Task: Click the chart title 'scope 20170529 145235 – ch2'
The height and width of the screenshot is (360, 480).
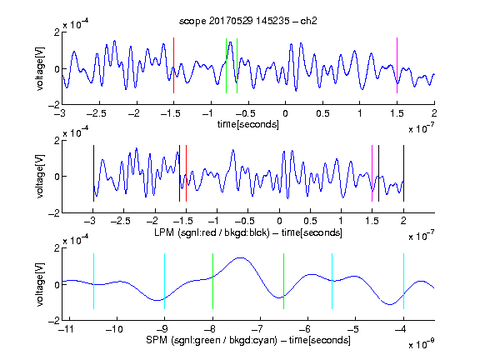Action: pyautogui.click(x=248, y=21)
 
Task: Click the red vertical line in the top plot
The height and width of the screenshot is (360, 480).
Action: pyautogui.click(x=174, y=66)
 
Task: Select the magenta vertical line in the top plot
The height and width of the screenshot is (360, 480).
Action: pyautogui.click(x=397, y=66)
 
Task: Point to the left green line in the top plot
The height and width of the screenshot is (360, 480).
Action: pyautogui.click(x=226, y=66)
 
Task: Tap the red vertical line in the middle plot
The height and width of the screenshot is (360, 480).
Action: pyautogui.click(x=186, y=173)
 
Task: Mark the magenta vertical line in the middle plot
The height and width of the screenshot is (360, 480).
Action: pyautogui.click(x=372, y=173)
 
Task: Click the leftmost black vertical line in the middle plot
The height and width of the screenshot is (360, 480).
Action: pyautogui.click(x=93, y=173)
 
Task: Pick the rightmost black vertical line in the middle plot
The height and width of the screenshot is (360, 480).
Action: pyautogui.click(x=403, y=173)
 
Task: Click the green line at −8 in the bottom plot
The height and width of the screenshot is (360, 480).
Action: pyautogui.click(x=212, y=282)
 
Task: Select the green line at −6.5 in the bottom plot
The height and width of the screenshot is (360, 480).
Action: pyautogui.click(x=284, y=282)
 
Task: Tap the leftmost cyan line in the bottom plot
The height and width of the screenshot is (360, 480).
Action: pyautogui.click(x=93, y=282)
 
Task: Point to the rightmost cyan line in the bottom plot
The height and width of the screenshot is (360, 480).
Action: pyautogui.click(x=403, y=282)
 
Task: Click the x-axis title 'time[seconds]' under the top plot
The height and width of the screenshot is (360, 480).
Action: pyautogui.click(x=248, y=124)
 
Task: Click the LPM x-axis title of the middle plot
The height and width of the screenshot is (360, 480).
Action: pyautogui.click(x=248, y=232)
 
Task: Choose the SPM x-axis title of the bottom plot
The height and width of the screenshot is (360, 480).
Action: pyautogui.click(x=248, y=340)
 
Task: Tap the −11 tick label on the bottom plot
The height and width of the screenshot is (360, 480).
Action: pyautogui.click(x=67, y=329)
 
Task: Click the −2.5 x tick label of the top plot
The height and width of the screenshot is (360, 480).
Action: pyautogui.click(x=97, y=113)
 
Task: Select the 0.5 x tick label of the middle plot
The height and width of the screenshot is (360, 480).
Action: pyautogui.click(x=310, y=221)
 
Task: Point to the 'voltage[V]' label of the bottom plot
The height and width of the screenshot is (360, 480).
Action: pyautogui.click(x=40, y=284)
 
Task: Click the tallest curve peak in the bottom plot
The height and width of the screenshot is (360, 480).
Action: pyautogui.click(x=241, y=257)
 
